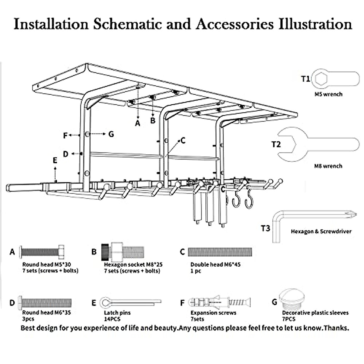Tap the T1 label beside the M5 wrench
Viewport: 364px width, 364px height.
tap(305, 79)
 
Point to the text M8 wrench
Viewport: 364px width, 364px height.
tap(328, 166)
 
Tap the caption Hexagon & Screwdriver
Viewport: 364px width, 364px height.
tap(321, 231)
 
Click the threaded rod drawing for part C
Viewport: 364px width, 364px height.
tap(220, 252)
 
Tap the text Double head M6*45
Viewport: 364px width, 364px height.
tap(215, 265)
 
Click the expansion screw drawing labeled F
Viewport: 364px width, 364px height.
tap(220, 302)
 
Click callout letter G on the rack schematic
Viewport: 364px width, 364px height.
tap(111, 134)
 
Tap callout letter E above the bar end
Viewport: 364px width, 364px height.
tap(55, 160)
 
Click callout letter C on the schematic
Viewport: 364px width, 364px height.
tap(183, 140)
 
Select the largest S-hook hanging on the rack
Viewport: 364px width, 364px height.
tap(249, 201)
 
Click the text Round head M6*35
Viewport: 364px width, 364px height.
tap(46, 312)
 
